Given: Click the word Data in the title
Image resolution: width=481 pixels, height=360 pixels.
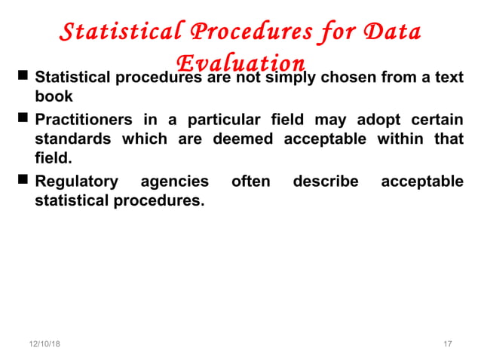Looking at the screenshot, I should tap(389, 32).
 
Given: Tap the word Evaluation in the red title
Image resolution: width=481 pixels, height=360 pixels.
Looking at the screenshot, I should tap(240, 63).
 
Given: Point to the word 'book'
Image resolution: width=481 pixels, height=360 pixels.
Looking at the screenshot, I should tap(54, 97).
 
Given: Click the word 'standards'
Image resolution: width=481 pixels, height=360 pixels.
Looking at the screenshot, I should tap(73, 139).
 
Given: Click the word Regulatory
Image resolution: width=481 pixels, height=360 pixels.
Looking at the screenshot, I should tap(77, 182).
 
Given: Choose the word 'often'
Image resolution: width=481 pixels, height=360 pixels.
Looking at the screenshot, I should tap(250, 182).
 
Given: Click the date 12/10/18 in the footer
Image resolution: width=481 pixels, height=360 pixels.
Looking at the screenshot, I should tap(44, 344).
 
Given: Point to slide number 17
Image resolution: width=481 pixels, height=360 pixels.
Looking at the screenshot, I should tap(447, 344).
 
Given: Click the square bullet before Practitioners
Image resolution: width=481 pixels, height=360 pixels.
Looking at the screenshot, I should tap(23, 119).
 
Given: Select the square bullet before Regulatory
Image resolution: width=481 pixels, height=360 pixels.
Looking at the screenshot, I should tap(23, 181).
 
